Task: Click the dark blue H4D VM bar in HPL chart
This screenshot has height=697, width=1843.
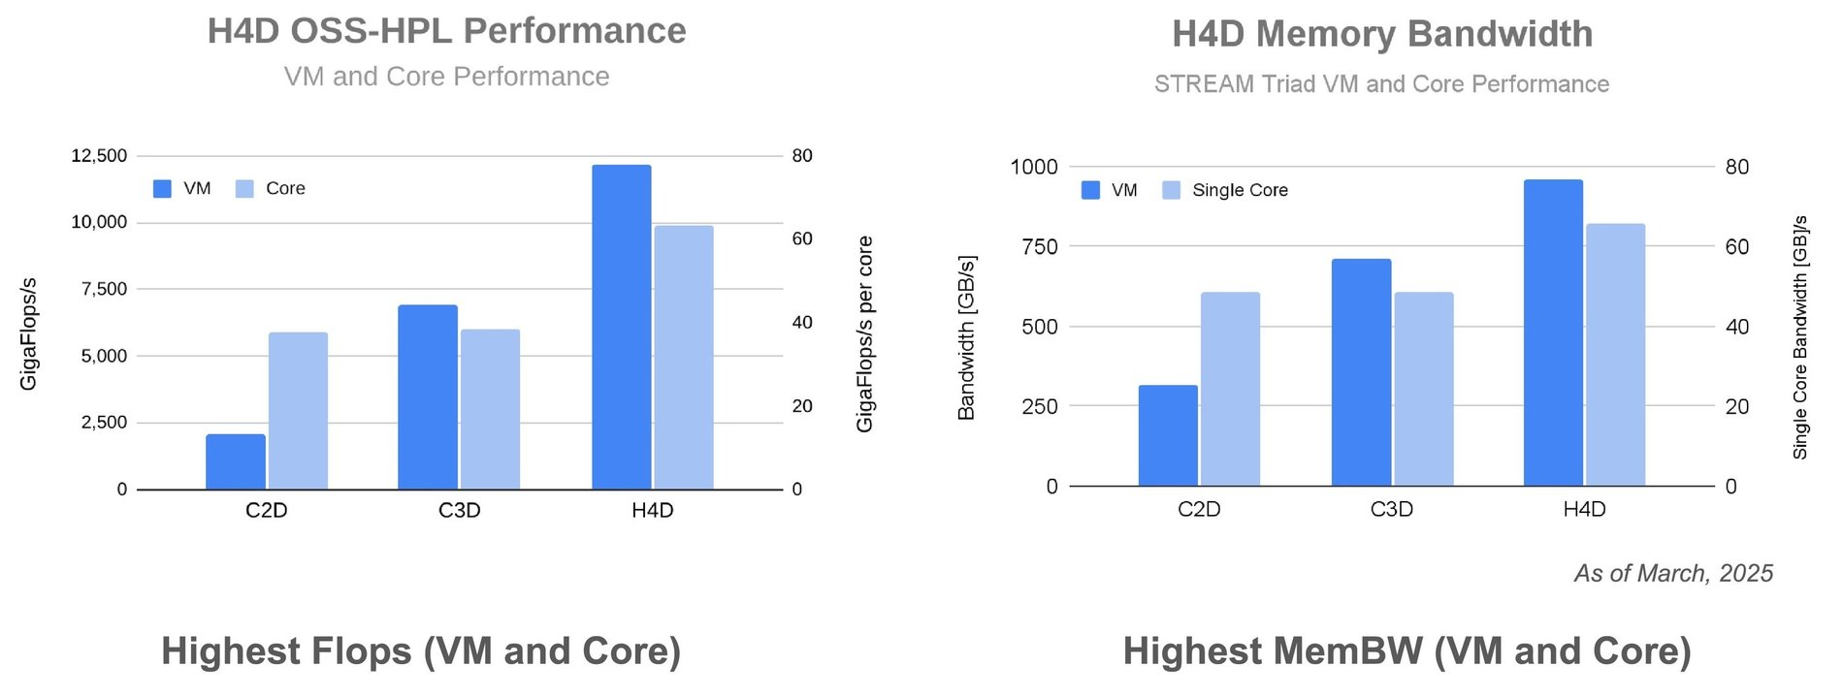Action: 621,328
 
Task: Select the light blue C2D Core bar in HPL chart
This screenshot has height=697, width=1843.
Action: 298,411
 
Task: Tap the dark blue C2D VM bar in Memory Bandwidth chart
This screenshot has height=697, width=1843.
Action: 1167,436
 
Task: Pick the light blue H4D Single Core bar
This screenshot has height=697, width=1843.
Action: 1615,355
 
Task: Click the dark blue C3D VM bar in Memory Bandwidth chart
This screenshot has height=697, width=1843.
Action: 1360,372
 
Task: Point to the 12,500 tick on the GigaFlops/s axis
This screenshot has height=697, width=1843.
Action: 99,156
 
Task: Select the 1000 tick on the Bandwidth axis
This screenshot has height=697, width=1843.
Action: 1033,167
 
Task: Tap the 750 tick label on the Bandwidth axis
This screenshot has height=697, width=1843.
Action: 1039,247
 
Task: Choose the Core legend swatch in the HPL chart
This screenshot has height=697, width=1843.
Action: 244,189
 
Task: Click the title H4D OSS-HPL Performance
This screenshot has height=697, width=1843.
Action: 446,31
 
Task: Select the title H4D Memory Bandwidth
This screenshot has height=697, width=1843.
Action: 1381,34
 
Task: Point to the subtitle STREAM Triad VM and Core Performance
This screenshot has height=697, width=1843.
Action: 1381,84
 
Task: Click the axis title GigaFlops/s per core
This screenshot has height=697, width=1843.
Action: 864,333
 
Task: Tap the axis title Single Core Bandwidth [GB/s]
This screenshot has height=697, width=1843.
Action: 1800,337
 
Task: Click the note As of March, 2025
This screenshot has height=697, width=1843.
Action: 1672,573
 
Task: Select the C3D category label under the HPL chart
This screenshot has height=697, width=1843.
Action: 459,511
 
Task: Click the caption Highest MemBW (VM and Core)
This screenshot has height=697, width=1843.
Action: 1406,651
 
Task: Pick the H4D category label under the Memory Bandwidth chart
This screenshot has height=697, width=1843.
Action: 1584,509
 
